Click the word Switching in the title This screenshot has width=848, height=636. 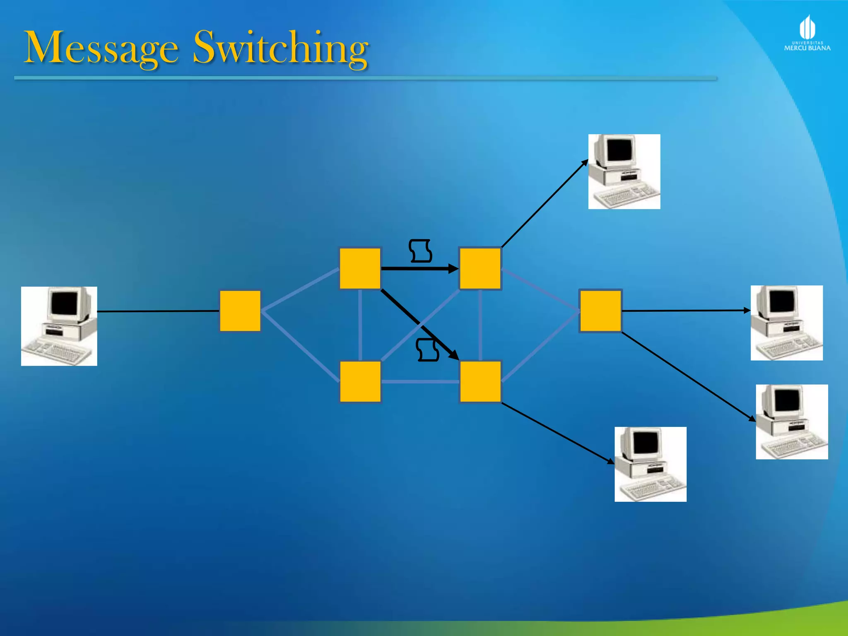pyautogui.click(x=280, y=48)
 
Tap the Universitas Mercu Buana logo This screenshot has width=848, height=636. pyautogui.click(x=807, y=33)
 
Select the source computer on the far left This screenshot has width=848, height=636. pyautogui.click(x=59, y=326)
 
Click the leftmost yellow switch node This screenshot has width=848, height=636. pyautogui.click(x=240, y=311)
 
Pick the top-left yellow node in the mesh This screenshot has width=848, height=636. pyautogui.click(x=360, y=268)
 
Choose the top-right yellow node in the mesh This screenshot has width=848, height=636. pyautogui.click(x=480, y=268)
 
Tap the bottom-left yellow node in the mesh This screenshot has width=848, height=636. pyautogui.click(x=360, y=381)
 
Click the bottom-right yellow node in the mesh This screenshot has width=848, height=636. pyautogui.click(x=480, y=381)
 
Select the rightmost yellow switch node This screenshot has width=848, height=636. pyautogui.click(x=600, y=311)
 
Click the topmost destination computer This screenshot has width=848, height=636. pyautogui.click(x=624, y=171)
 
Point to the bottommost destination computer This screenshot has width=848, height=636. pyautogui.click(x=650, y=464)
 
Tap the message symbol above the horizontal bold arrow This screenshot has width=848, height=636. pyautogui.click(x=420, y=251)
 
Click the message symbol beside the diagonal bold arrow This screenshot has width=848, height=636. pyautogui.click(x=428, y=350)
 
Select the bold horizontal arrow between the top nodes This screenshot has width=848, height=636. pyautogui.click(x=418, y=269)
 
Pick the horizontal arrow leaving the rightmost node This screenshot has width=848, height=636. pyautogui.click(x=685, y=310)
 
